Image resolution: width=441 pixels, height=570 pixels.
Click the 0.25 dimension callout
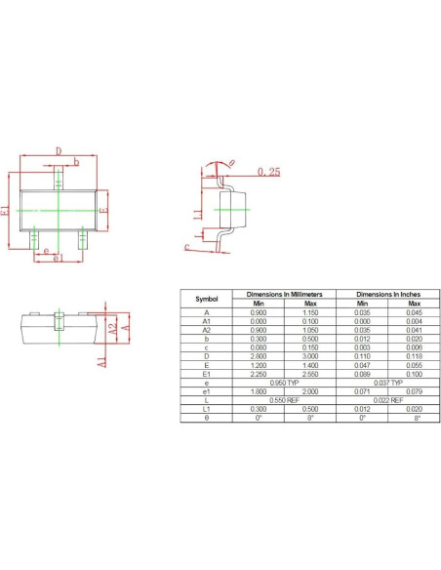click(x=269, y=172)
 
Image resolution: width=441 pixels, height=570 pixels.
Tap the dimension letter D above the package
click(x=59, y=151)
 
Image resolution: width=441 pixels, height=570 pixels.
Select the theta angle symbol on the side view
click(x=231, y=163)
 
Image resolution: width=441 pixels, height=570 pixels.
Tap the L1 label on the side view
click(x=196, y=214)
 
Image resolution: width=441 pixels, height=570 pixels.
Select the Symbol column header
click(x=206, y=299)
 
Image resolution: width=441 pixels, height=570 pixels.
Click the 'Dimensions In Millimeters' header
click(x=284, y=293)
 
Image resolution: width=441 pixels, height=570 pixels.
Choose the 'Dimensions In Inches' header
click(x=389, y=293)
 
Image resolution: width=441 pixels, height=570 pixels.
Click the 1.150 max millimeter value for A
click(x=310, y=312)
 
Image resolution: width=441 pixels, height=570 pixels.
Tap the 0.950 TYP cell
click(x=284, y=382)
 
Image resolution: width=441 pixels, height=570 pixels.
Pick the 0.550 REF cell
click(x=284, y=399)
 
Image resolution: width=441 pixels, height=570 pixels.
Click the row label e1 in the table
click(x=206, y=390)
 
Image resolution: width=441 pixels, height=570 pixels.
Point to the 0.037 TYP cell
click(x=389, y=382)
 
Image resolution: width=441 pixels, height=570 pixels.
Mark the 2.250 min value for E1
click(x=259, y=373)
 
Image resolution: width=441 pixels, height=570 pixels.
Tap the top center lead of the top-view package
click(x=59, y=179)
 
